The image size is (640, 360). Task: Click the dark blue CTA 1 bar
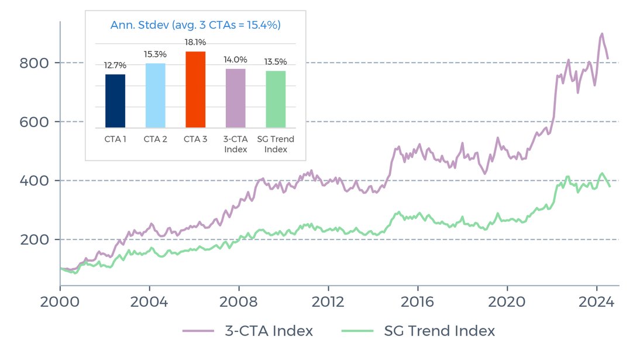[x=115, y=101]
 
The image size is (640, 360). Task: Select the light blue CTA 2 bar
[x=155, y=95]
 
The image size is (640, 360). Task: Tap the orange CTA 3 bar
[x=195, y=90]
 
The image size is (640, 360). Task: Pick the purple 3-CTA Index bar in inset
[x=236, y=98]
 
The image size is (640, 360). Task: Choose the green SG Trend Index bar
[x=276, y=99]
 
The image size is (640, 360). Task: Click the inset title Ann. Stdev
[x=195, y=25]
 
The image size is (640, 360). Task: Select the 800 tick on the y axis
[x=33, y=63]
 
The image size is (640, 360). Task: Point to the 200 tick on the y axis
[x=33, y=239]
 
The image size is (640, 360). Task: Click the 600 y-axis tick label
[x=33, y=122]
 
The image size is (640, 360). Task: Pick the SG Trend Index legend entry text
[x=439, y=331]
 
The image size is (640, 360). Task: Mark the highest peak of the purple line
[x=601, y=34]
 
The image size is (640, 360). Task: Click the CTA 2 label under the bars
[x=155, y=139]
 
